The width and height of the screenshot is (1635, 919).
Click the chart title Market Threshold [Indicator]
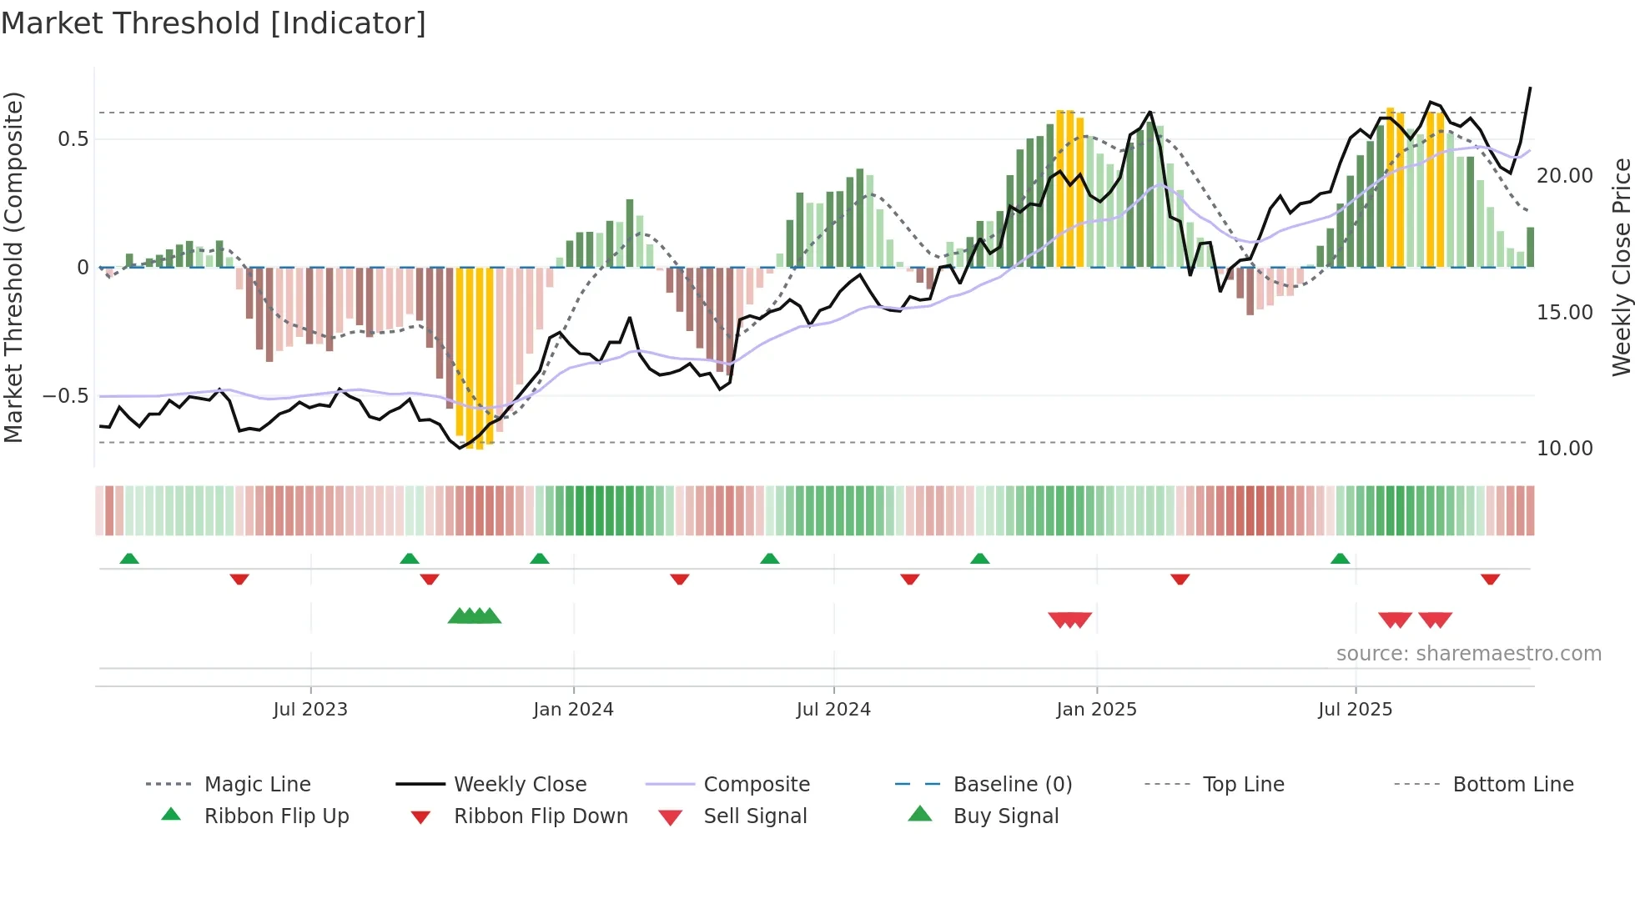point(214,23)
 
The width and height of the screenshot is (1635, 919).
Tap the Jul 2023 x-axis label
point(310,710)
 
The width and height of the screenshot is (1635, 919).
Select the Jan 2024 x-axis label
point(573,710)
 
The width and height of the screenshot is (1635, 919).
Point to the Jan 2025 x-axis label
point(1096,710)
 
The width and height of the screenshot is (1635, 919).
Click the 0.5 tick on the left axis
point(73,139)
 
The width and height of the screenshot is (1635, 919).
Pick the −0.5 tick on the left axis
point(66,396)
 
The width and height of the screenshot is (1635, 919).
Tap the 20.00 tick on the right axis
point(1565,176)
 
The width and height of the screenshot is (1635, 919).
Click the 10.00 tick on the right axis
point(1565,449)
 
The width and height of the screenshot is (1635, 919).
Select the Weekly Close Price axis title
point(1621,267)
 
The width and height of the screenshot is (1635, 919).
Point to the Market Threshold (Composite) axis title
point(13,267)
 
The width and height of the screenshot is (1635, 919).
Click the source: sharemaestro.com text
point(1468,654)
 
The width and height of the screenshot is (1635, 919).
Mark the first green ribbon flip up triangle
point(129,559)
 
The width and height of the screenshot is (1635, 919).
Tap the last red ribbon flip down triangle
point(1491,579)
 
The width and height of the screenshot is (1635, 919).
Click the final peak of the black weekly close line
point(1530,88)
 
